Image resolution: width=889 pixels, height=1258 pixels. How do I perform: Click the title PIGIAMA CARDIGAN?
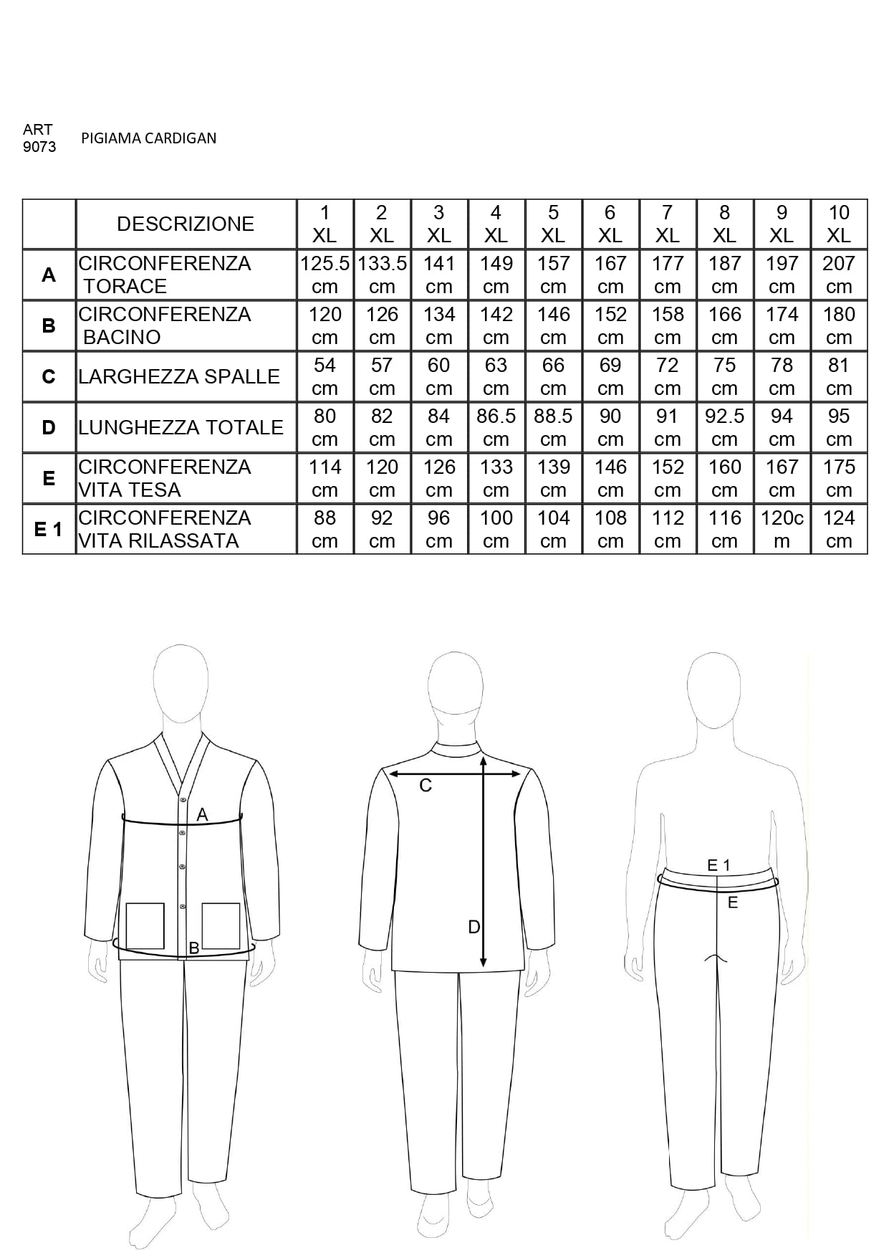coord(148,138)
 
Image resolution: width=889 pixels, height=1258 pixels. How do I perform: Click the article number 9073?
coord(39,147)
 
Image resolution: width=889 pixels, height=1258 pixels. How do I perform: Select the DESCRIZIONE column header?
coord(186,224)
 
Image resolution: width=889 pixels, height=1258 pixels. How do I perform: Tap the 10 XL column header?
coord(838,224)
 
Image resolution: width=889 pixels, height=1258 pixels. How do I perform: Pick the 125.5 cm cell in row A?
coord(325,275)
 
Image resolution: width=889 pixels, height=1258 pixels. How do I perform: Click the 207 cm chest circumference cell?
coord(838,275)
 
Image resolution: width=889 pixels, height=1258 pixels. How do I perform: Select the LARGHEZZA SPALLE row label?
coord(179,376)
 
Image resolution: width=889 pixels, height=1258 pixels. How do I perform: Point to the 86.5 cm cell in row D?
coord(496,427)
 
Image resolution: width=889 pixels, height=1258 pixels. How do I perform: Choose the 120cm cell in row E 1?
coord(782,529)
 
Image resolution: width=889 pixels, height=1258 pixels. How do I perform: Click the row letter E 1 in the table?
coord(48,529)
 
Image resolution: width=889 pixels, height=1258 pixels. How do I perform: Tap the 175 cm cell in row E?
coord(838,478)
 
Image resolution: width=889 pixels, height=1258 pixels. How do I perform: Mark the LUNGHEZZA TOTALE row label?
coord(181,427)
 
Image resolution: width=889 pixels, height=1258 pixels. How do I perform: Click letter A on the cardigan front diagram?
coord(202,814)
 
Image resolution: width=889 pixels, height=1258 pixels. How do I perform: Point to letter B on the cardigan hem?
coord(193,948)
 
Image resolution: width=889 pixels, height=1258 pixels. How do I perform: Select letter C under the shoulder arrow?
coord(425,786)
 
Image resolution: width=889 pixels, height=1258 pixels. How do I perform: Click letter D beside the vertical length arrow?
coord(474,927)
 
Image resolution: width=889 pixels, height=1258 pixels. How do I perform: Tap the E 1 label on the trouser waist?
coord(719,865)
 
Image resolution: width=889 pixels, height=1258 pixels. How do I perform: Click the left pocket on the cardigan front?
coord(145,925)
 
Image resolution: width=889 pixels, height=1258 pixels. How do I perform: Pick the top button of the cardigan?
coord(183,799)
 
